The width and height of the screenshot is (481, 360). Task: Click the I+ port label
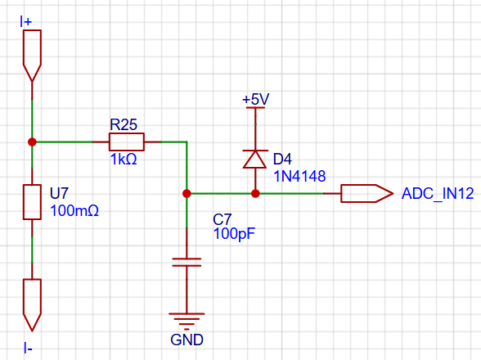tap(26, 22)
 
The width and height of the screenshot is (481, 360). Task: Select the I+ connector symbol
tap(32, 56)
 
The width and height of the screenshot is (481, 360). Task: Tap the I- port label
tap(28, 349)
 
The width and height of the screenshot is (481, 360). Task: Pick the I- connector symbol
tap(32, 305)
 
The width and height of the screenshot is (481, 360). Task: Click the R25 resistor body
tap(126, 142)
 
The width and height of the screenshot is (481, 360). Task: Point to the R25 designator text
tap(124, 124)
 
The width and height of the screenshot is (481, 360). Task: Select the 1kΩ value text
tap(124, 160)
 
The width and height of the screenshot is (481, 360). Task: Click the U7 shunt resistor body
tap(32, 202)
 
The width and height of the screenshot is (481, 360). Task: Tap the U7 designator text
tap(59, 193)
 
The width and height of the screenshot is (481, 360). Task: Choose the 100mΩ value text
tap(74, 211)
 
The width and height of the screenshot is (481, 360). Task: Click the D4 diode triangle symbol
tap(255, 159)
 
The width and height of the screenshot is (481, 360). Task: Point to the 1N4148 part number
tap(299, 177)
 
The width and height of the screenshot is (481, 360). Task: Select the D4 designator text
tap(282, 159)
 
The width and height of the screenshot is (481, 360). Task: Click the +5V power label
tap(255, 100)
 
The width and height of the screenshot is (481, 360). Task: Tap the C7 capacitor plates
tap(187, 262)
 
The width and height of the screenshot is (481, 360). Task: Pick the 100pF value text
tap(234, 233)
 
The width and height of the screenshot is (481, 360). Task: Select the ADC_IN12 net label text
tap(438, 193)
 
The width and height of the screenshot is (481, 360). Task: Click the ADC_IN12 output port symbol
tap(366, 193)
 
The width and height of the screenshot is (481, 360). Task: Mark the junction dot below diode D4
tap(255, 193)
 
